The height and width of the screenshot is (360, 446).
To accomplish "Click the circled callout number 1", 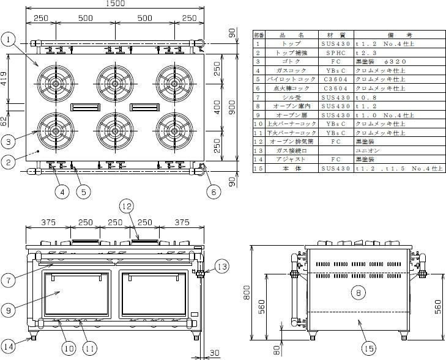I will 9,40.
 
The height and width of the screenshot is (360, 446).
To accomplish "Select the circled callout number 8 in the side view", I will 357,293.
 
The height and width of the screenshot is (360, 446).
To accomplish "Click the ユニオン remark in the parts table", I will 367,150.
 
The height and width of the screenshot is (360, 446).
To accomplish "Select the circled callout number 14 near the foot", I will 9,346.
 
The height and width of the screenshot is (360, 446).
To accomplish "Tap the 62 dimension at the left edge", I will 4,120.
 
